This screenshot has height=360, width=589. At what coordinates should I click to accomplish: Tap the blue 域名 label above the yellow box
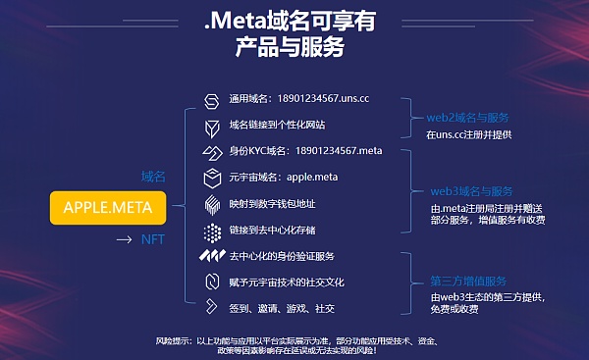point(153,178)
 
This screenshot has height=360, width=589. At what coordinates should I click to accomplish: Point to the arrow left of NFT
point(123,238)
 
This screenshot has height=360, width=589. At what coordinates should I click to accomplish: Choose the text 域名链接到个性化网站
point(277,126)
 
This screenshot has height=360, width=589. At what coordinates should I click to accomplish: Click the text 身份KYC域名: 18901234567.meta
point(305,152)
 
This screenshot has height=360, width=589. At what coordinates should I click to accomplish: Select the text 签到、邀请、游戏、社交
point(282,308)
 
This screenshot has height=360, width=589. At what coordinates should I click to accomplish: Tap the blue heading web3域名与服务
point(472,191)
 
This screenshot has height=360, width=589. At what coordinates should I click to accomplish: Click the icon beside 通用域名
point(211,101)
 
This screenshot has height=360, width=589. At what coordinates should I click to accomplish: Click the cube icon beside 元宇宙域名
point(211,179)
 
